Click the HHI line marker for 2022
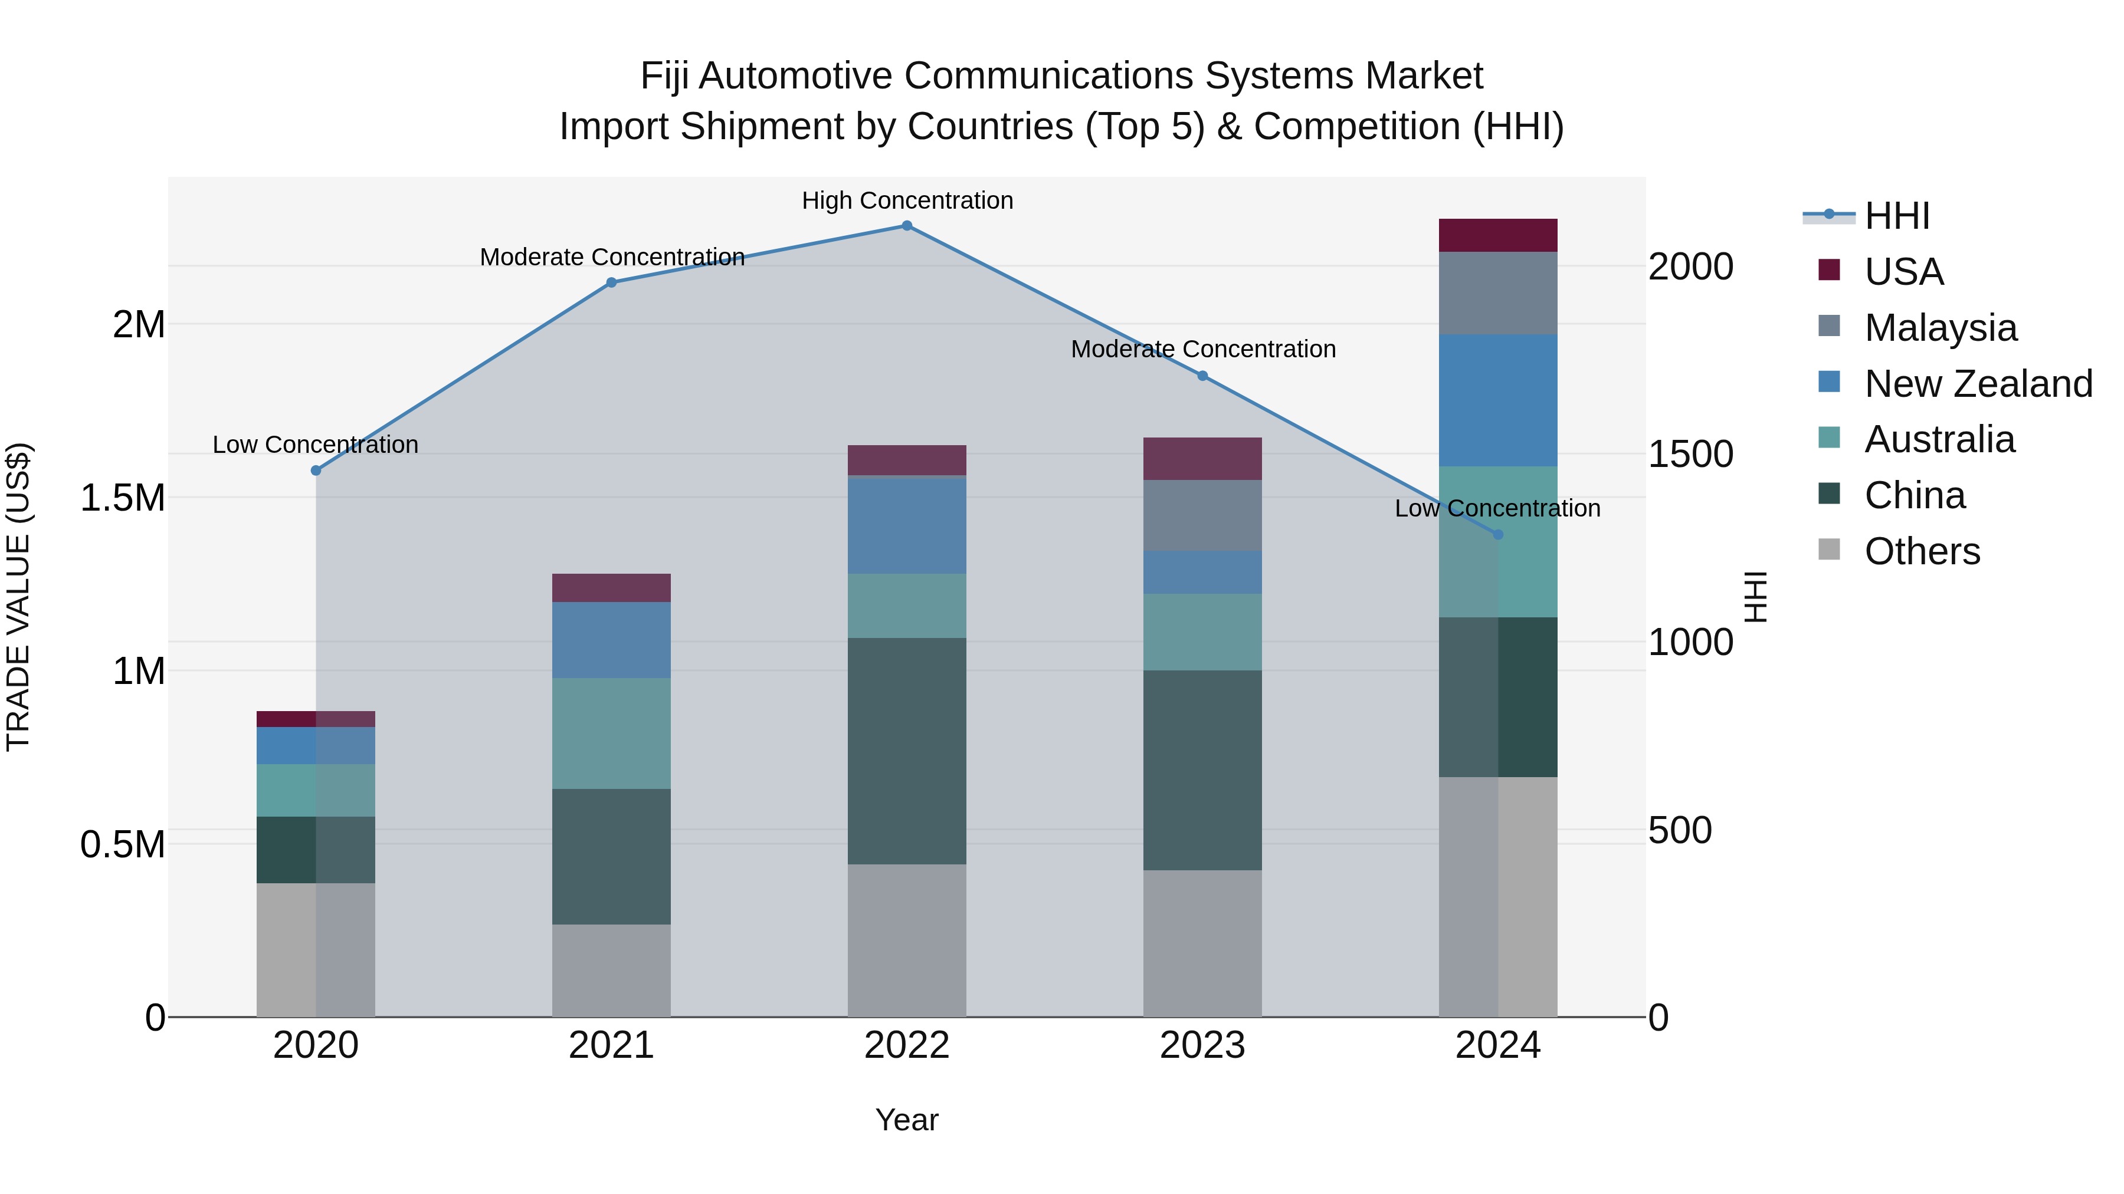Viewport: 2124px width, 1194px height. [x=906, y=226]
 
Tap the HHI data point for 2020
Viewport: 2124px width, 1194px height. [x=316, y=471]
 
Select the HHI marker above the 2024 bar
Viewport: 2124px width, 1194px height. [x=1498, y=535]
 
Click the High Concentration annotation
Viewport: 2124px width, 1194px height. [x=907, y=201]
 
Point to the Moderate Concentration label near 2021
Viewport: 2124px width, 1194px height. [x=612, y=258]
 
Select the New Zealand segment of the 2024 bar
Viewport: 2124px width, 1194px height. [x=1497, y=400]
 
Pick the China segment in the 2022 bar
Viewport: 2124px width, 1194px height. [x=906, y=751]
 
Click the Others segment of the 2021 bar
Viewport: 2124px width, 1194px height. [x=611, y=970]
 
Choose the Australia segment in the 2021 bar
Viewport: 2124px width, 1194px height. [x=611, y=733]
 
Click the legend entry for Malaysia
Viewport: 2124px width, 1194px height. [x=1939, y=328]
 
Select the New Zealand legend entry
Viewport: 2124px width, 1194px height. [x=1977, y=384]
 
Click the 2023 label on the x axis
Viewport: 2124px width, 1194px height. [x=1202, y=1045]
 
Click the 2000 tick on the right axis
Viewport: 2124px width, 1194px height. [x=1690, y=267]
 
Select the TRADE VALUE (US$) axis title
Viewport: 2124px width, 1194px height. [x=18, y=597]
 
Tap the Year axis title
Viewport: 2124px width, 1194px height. [x=906, y=1120]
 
